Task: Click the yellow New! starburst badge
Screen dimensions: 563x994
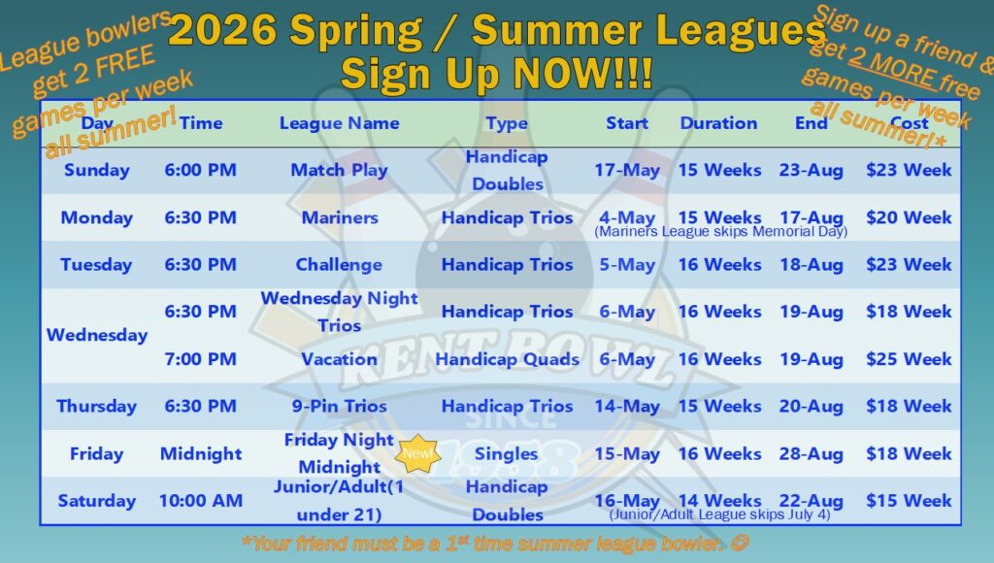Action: point(420,452)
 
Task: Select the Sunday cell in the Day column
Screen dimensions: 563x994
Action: point(96,170)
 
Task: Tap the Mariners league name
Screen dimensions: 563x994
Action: point(339,217)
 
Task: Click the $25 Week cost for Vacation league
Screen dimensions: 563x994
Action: point(909,359)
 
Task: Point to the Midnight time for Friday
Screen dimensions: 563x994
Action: point(200,453)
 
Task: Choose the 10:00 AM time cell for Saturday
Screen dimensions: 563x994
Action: point(200,501)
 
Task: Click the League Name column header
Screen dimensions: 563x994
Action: point(339,123)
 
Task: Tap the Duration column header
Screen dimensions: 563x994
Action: point(718,123)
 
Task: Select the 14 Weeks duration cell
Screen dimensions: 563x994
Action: point(718,500)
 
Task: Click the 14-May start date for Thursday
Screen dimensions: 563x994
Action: point(627,406)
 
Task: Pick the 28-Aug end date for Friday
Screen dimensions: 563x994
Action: point(811,453)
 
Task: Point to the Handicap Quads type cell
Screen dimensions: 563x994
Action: point(507,359)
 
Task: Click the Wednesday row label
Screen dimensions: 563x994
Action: point(96,335)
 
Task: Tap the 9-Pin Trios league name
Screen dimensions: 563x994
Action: point(339,406)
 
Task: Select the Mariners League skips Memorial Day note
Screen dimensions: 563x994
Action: point(720,232)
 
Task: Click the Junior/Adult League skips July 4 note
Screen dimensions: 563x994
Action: point(719,515)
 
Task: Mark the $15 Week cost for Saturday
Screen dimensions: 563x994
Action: point(909,501)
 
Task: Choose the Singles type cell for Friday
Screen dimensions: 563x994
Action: point(507,453)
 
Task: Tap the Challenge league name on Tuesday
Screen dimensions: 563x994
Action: point(339,264)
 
